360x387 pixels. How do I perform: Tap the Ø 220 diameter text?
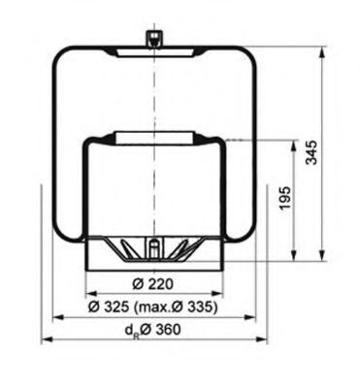point(152,283)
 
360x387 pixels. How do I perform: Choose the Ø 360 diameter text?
point(161,330)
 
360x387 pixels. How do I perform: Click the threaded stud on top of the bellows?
point(152,38)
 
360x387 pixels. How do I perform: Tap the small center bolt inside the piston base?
point(152,250)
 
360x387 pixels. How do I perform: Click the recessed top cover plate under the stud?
point(152,49)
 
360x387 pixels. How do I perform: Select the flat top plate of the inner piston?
point(152,136)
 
